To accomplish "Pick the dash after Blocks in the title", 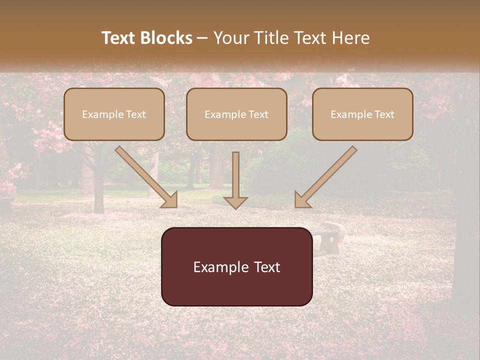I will pos(202,38).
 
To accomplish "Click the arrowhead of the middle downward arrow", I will pos(235,202).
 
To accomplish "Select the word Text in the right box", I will pos(384,114).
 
